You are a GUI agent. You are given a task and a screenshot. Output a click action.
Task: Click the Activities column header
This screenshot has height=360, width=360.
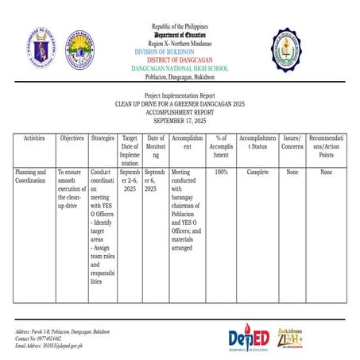point(34,138)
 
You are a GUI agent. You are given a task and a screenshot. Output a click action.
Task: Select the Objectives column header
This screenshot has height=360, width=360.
point(72,138)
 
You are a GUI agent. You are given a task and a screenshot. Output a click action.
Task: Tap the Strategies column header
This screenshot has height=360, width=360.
point(103,138)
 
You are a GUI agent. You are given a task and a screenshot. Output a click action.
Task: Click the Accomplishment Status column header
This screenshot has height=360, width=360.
point(257,142)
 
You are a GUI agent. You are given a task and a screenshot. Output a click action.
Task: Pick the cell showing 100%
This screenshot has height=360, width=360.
point(222,172)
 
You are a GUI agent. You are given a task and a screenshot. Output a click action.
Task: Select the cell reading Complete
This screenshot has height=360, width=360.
point(257,172)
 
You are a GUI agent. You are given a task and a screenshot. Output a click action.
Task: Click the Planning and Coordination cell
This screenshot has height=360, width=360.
point(32,176)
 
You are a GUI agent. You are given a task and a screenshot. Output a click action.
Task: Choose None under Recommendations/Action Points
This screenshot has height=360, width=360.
point(326,172)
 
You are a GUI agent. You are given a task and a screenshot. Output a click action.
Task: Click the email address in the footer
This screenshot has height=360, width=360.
point(49,346)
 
